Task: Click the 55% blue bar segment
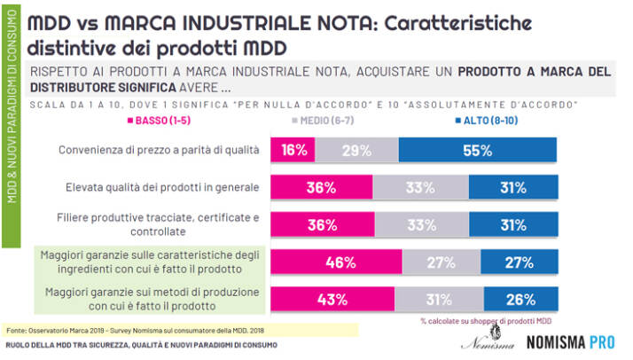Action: pos(477,150)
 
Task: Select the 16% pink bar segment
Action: pos(290,150)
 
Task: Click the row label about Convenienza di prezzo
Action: pos(158,150)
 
